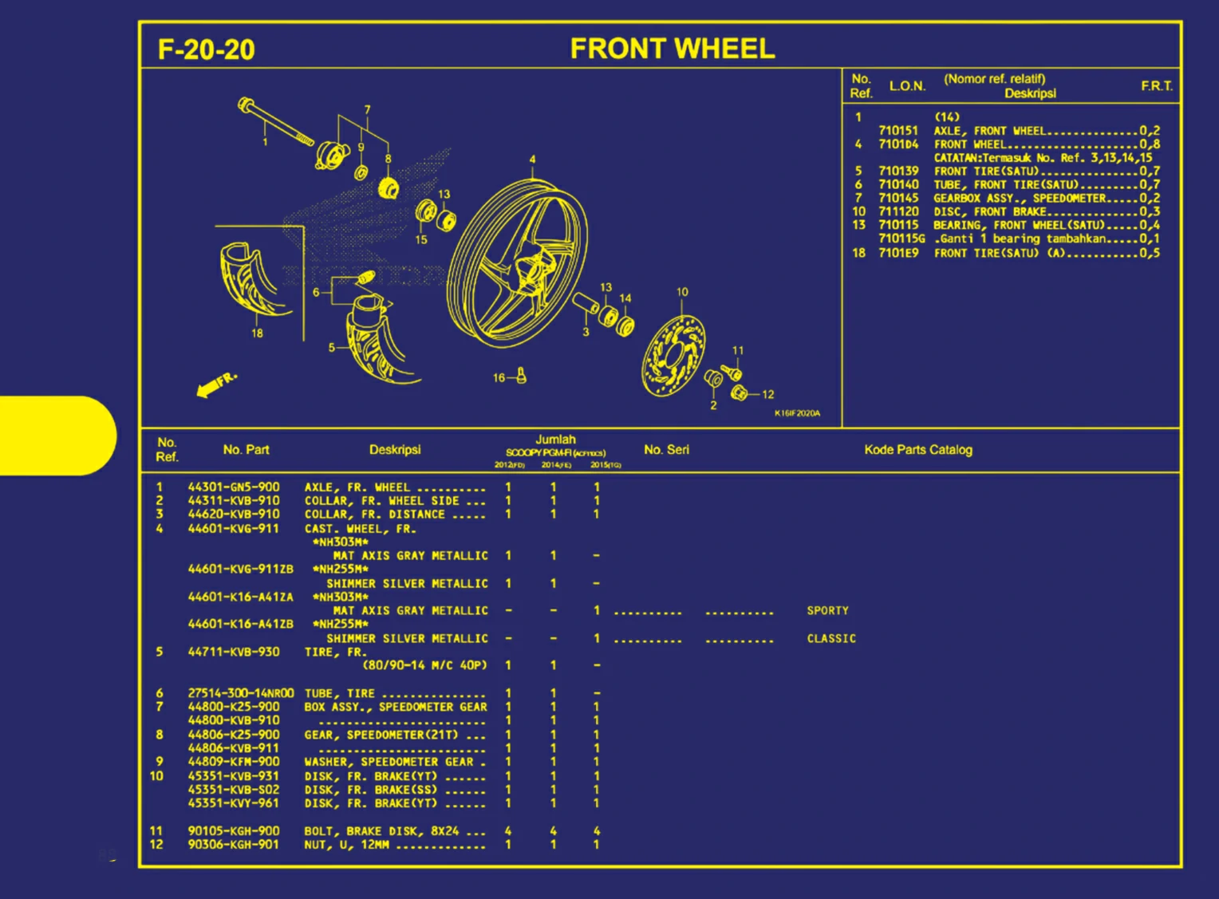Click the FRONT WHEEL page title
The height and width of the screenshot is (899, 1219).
(672, 49)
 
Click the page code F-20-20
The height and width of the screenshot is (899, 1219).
(206, 50)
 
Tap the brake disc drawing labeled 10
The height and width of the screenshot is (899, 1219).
(673, 355)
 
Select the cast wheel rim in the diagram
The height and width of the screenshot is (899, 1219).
(517, 262)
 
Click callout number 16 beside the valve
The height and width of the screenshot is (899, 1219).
(499, 378)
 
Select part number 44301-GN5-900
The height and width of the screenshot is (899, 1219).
(234, 487)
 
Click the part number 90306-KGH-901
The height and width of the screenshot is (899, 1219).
(234, 844)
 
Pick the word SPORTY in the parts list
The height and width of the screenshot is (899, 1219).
(827, 610)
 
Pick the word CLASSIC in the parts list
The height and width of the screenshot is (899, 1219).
(830, 638)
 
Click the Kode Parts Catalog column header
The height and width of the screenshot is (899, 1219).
(917, 450)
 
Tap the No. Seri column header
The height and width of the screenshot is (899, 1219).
(666, 450)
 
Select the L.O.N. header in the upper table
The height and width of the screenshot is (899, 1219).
(907, 86)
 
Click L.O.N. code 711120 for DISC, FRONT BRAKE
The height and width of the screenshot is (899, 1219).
(898, 211)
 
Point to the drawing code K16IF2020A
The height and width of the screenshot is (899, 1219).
(796, 413)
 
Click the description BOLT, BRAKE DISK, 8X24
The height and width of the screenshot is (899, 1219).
(381, 830)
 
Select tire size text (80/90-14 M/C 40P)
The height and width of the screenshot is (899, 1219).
(424, 665)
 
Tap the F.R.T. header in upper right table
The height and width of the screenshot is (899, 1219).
(1156, 86)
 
